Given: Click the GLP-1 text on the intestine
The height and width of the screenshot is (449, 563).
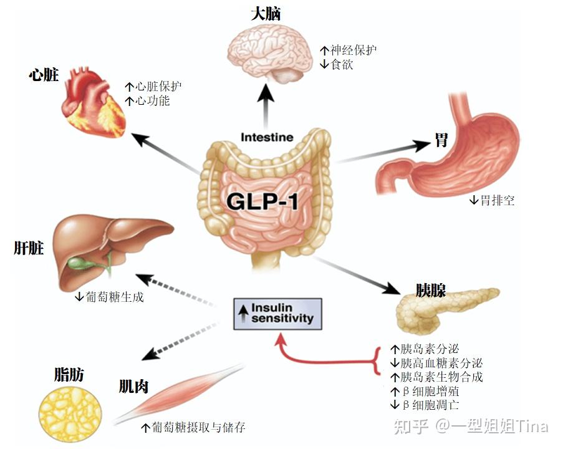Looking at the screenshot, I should (x=266, y=201).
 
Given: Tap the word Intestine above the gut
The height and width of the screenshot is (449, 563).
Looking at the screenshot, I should (x=267, y=137).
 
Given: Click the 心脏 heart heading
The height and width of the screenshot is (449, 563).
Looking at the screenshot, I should (x=43, y=75).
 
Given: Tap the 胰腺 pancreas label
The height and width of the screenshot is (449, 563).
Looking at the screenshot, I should (x=431, y=291).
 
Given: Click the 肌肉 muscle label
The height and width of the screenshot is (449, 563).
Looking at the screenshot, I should (x=133, y=387).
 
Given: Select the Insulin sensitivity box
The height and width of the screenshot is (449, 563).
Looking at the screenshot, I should (x=277, y=313).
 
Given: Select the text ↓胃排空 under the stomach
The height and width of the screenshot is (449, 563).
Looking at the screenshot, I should (x=492, y=200).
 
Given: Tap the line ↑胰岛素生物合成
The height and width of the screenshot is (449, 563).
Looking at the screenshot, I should (x=436, y=377).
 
